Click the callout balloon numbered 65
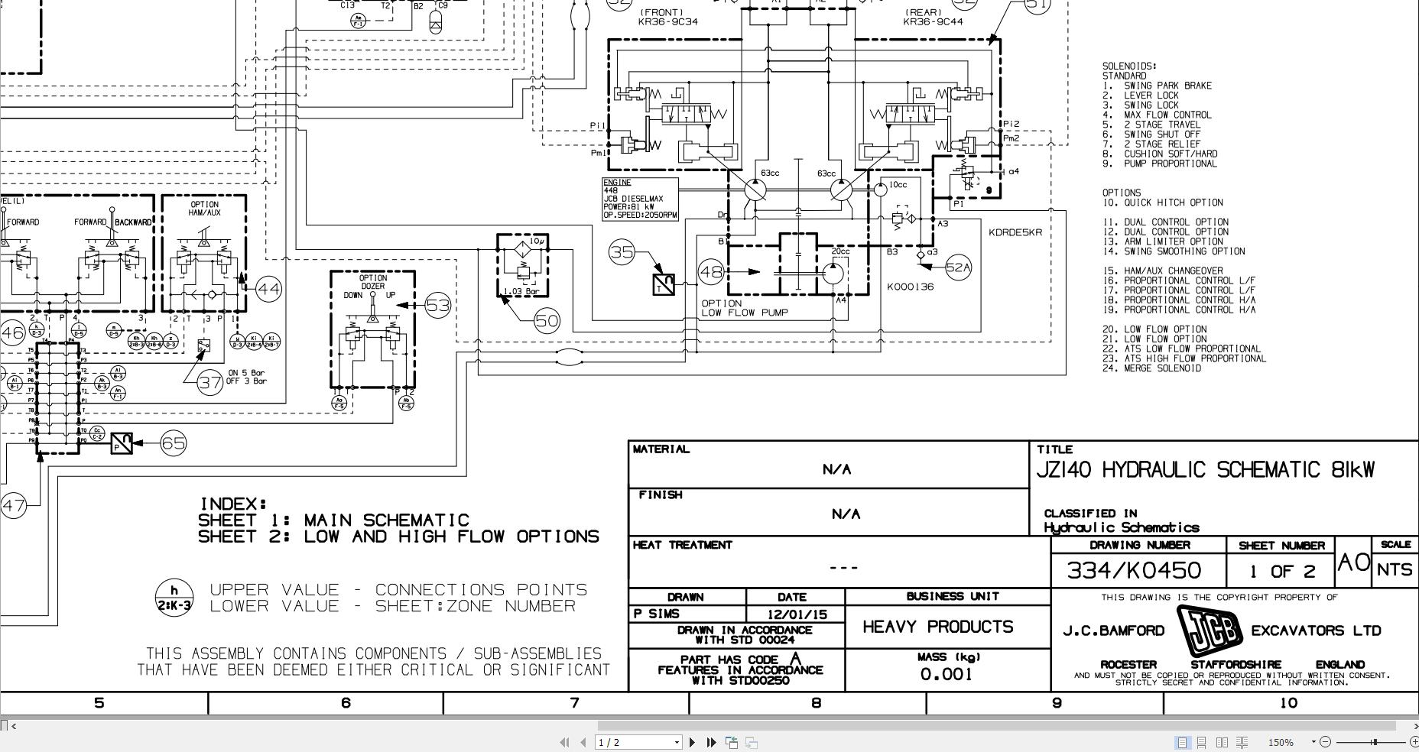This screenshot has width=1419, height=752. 174,443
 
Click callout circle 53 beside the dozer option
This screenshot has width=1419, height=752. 437,306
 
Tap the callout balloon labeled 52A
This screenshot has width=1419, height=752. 958,267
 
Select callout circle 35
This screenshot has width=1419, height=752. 622,251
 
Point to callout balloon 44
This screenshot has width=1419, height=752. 268,289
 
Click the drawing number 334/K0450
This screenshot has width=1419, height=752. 1133,570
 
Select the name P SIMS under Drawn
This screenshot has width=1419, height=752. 657,614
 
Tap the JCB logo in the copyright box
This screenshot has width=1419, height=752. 1208,630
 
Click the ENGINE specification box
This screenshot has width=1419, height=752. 640,199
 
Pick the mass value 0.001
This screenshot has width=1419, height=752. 946,674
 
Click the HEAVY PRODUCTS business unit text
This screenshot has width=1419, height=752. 938,627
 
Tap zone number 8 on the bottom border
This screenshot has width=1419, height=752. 816,703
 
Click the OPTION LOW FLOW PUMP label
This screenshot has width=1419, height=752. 743,308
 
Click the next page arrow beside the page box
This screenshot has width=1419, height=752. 693,742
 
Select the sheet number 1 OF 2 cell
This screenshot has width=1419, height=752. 1281,571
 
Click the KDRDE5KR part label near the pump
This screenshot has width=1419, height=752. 1015,232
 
